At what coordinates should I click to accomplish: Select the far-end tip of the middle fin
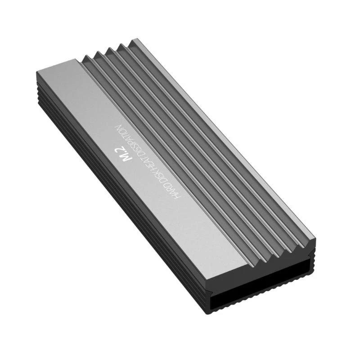(x=109, y=49)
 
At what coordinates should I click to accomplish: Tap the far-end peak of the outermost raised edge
(x=133, y=42)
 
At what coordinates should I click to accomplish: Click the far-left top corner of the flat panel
(x=36, y=72)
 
